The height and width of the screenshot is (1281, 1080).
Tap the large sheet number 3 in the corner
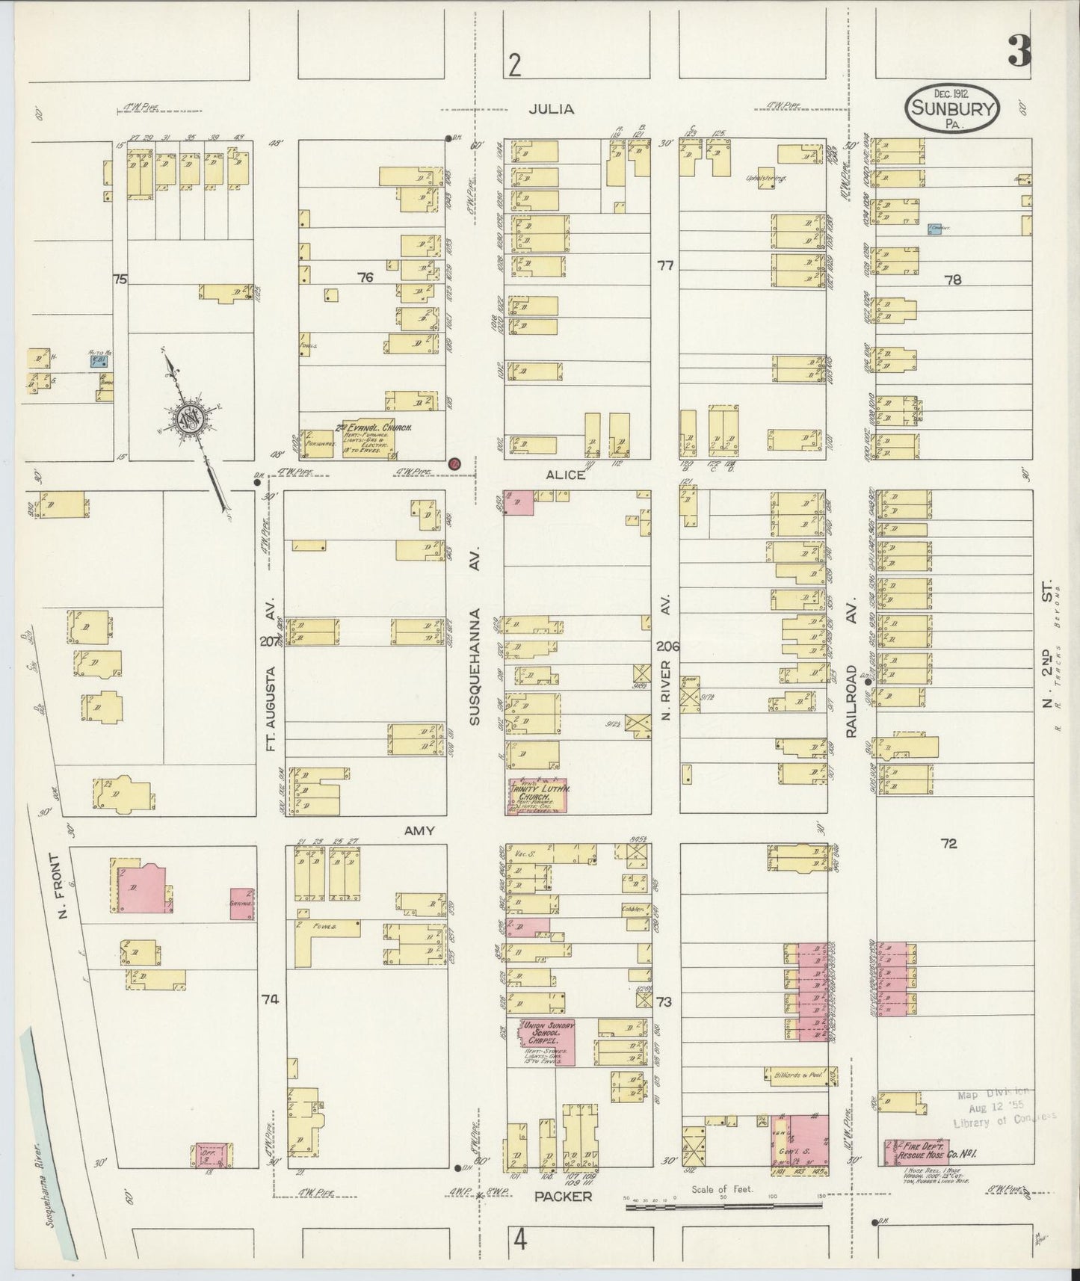coord(1019,51)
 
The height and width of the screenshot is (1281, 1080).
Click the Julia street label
coord(552,109)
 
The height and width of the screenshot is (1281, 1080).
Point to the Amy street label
coord(419,830)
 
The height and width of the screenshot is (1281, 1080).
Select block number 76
coord(365,277)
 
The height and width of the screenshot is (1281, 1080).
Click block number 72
coord(948,844)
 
